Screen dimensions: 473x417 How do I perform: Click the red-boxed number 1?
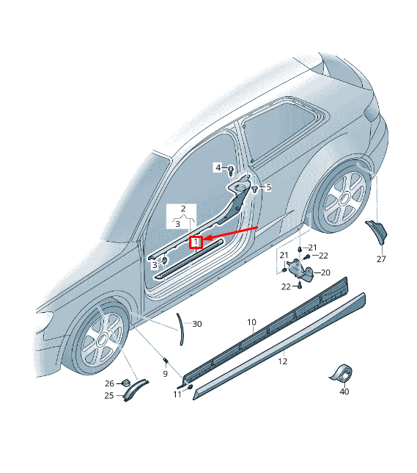pos(196,242)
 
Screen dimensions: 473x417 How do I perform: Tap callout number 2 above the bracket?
pos(184,209)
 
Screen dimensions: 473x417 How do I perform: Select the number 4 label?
pos(218,167)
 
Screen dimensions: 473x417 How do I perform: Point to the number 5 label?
pos(268,187)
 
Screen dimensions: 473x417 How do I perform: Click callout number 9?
pos(165,373)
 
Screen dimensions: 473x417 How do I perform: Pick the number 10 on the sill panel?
pos(251,322)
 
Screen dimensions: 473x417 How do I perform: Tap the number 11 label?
pos(177,394)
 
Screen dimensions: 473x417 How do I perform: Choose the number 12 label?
pos(283,361)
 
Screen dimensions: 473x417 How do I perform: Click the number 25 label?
pos(108,396)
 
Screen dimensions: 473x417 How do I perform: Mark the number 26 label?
pos(108,383)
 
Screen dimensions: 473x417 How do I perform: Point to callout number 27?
pos(381,259)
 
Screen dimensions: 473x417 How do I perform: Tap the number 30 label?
pos(196,324)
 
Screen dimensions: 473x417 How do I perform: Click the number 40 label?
pos(344,391)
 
